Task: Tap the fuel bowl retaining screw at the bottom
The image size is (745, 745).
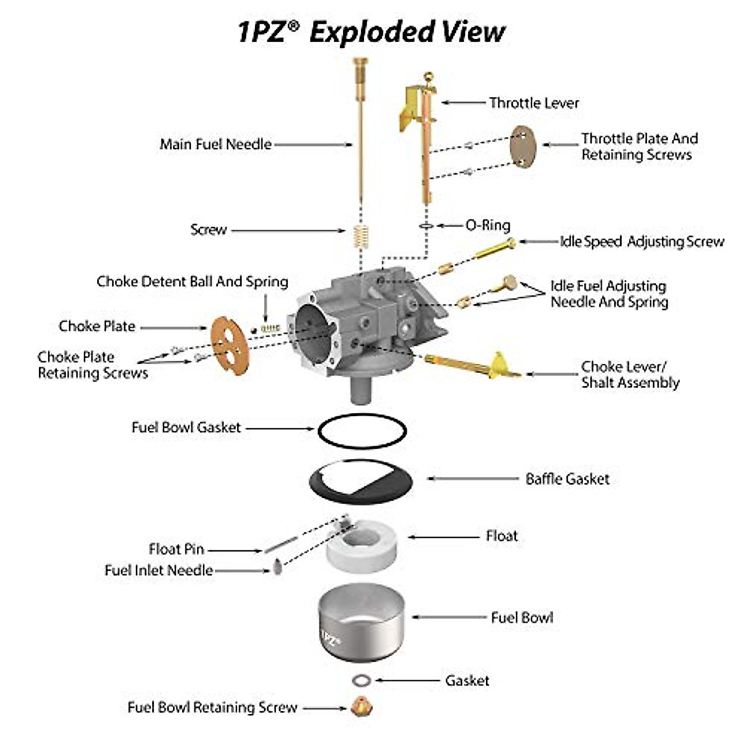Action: pos(358,707)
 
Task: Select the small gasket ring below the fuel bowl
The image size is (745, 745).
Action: pos(361,680)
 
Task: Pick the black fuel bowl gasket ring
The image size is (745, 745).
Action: pos(362,429)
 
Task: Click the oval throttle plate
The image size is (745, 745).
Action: pos(523,147)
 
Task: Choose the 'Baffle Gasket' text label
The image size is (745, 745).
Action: pos(567,479)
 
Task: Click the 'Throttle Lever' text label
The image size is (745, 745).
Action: pos(534,103)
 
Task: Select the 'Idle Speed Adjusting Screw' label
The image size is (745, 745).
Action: pos(642,242)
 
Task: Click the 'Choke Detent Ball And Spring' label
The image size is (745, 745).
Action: pos(192,281)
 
